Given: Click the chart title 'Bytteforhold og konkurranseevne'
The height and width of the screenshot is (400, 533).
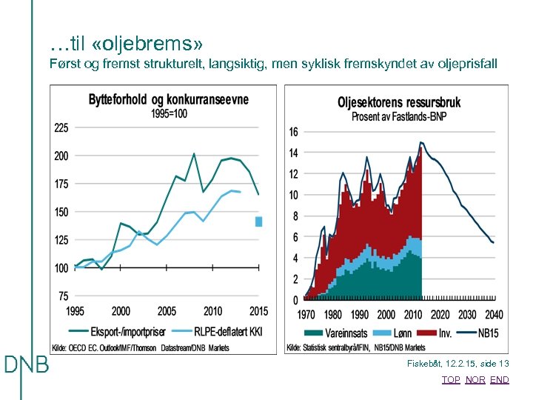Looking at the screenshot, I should tap(169, 100).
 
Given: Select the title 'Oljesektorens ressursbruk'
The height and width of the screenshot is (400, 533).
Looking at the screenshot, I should tap(399, 102).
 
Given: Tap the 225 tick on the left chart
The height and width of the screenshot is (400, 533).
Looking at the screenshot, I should tap(61, 128).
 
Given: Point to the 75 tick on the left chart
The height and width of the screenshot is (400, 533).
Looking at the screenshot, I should tap(63, 296).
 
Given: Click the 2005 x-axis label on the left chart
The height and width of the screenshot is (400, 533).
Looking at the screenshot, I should tap(167, 312).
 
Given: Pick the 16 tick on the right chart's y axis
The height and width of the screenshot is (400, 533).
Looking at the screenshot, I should tap(293, 132).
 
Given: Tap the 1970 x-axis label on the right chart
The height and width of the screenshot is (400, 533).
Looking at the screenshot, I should tap(306, 314).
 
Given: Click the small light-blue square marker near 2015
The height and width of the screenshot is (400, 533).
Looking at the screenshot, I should tap(258, 221).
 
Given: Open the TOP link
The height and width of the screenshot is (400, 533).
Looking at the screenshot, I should tap(451, 380).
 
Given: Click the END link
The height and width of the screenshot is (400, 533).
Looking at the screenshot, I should tap(500, 380).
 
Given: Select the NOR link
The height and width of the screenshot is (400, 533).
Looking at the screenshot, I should tap(475, 380).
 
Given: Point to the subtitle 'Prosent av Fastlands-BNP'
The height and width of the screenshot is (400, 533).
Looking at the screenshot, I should tap(399, 116).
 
